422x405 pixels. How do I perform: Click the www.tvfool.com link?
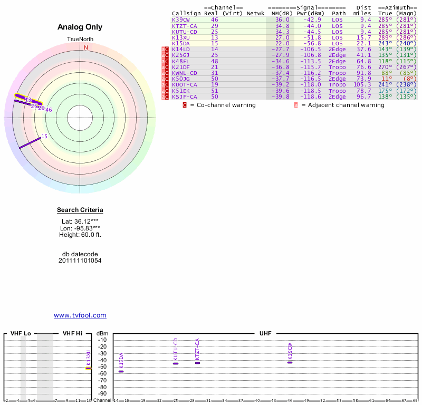tap(80, 315)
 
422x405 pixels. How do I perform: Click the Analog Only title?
tap(80, 27)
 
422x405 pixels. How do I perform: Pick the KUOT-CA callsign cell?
tap(184, 84)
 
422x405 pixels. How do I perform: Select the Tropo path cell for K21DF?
tap(337, 67)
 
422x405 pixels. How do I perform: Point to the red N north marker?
tap(86, 47)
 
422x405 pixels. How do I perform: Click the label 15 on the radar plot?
tap(44, 137)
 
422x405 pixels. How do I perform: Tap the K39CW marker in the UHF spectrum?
tap(290, 362)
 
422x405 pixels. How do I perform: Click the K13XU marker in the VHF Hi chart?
tap(89, 368)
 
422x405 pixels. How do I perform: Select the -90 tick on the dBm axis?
tap(102, 393)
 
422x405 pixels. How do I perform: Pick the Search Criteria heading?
tap(80, 210)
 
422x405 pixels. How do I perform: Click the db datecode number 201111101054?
tap(80, 261)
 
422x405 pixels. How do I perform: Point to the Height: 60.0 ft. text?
tap(80, 235)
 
